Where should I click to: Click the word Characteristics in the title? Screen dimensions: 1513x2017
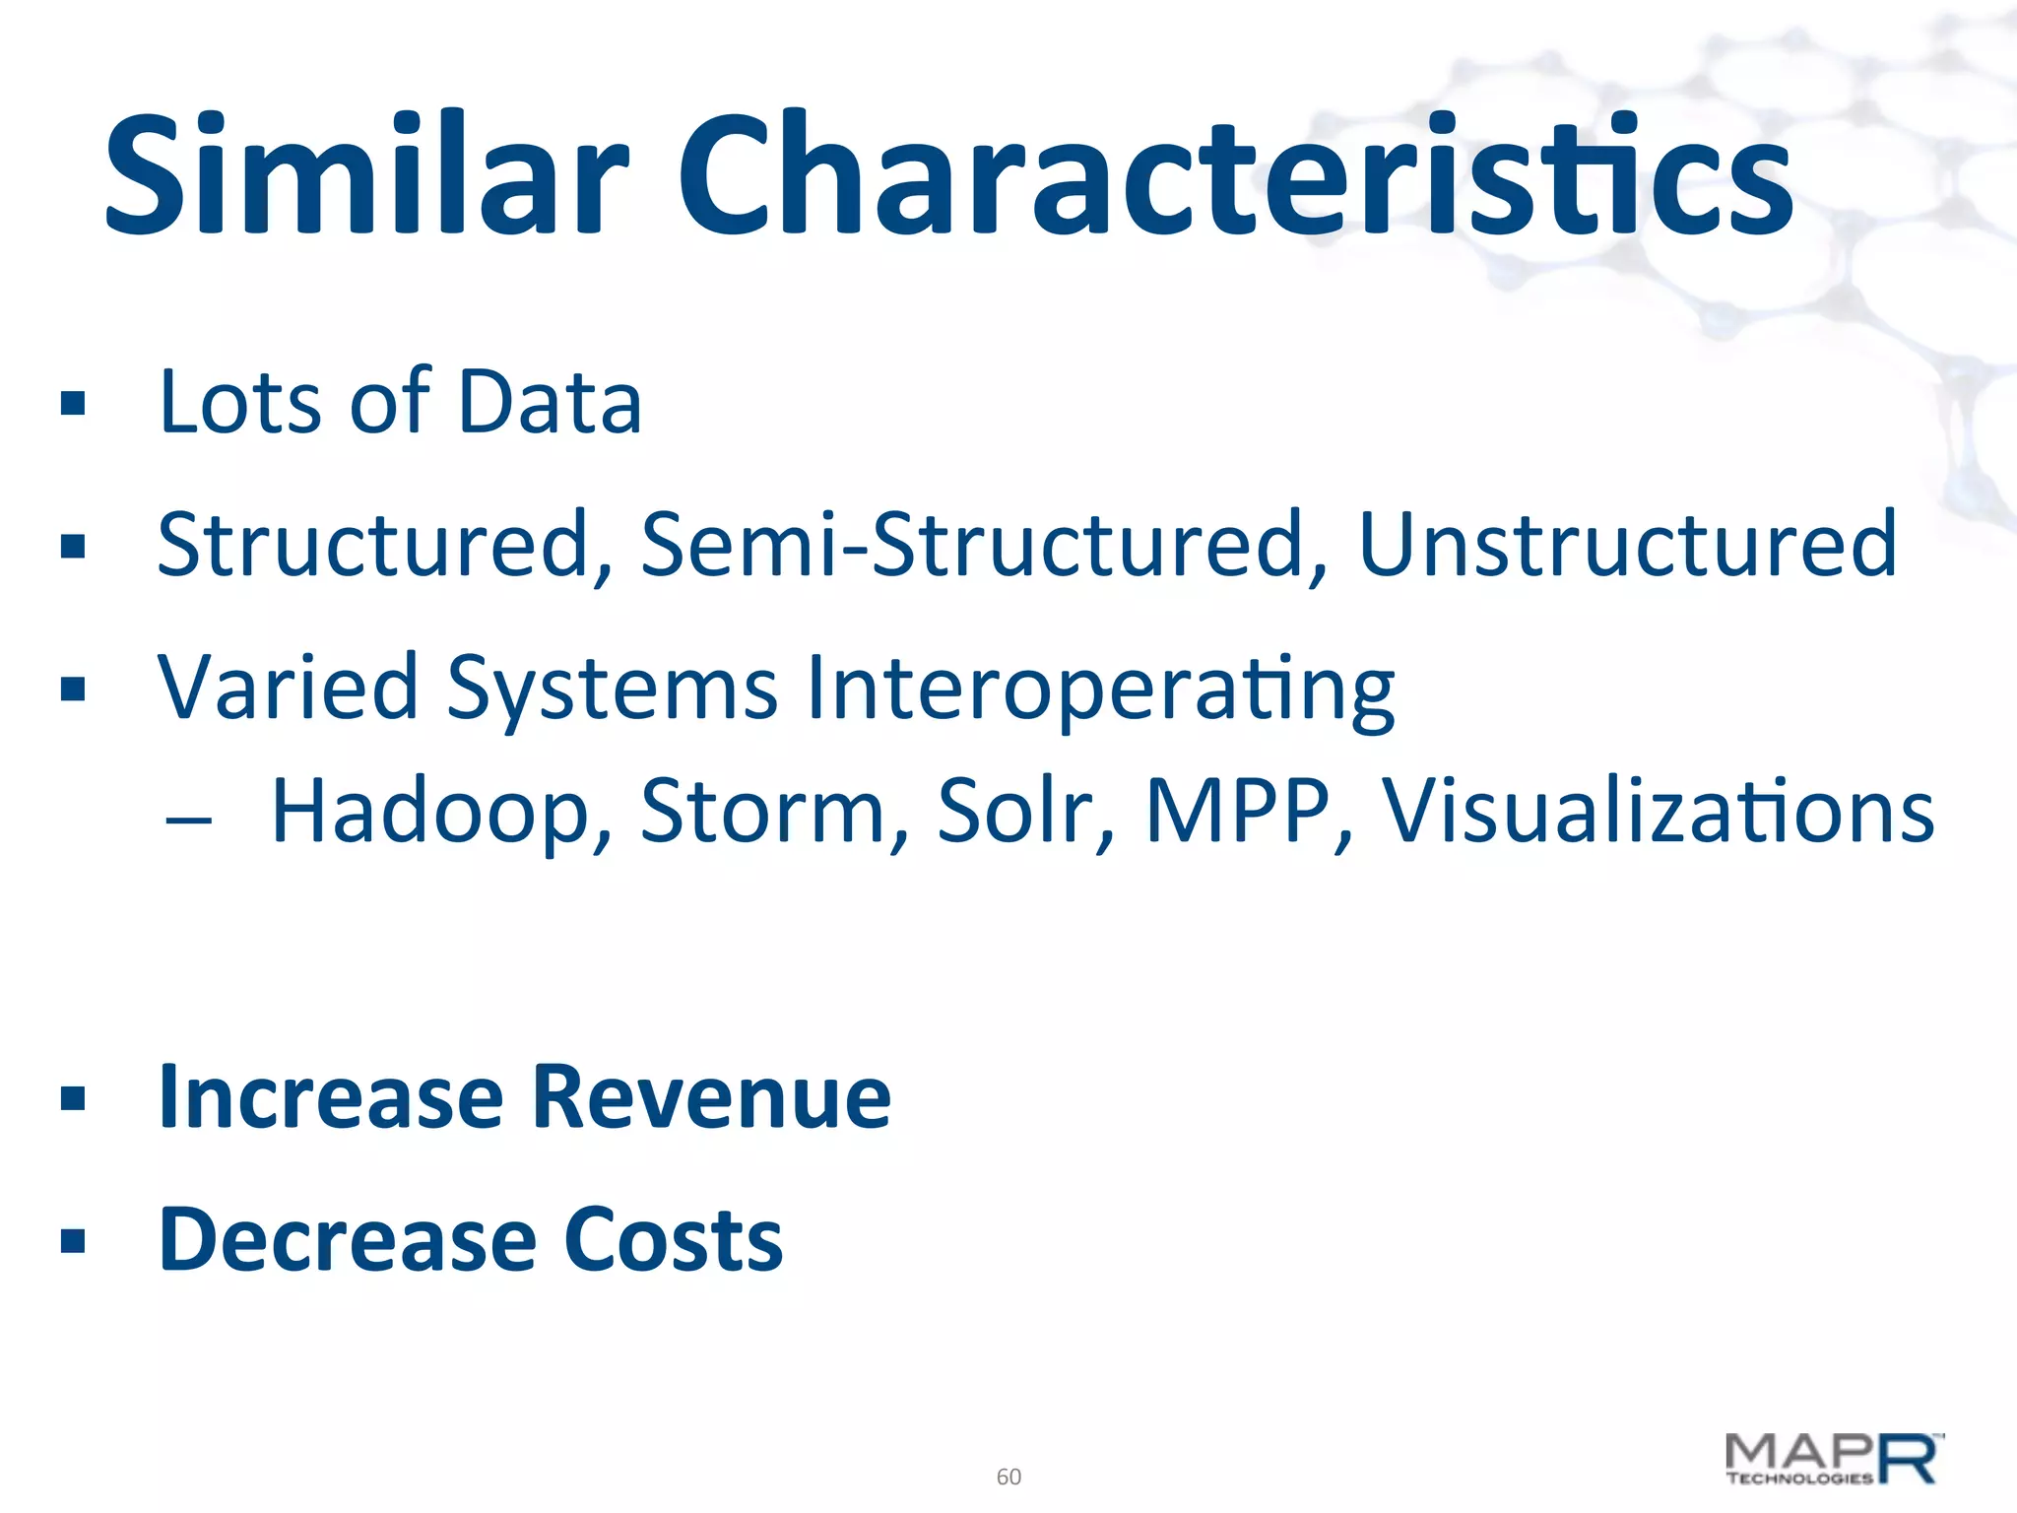[x=1235, y=177]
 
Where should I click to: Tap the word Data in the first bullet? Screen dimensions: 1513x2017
[x=550, y=402]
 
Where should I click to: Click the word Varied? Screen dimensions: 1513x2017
[x=288, y=687]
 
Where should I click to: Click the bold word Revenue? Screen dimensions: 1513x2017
[x=711, y=1097]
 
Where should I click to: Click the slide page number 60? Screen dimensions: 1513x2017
[x=1008, y=1477]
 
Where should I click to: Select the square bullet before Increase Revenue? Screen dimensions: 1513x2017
[x=73, y=1098]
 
